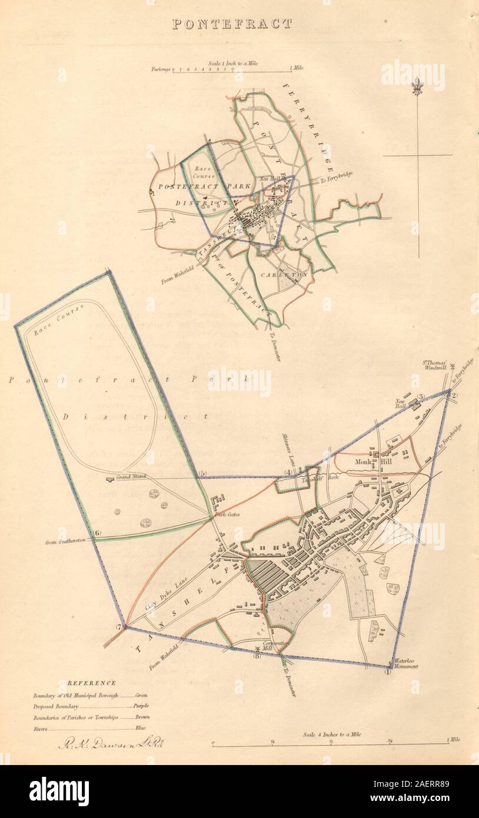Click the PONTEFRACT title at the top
click(x=232, y=24)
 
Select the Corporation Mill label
click(x=276, y=646)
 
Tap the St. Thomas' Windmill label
click(x=437, y=370)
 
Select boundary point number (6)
click(x=98, y=534)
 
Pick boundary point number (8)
click(x=257, y=656)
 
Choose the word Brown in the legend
click(x=142, y=717)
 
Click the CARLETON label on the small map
click(x=285, y=274)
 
